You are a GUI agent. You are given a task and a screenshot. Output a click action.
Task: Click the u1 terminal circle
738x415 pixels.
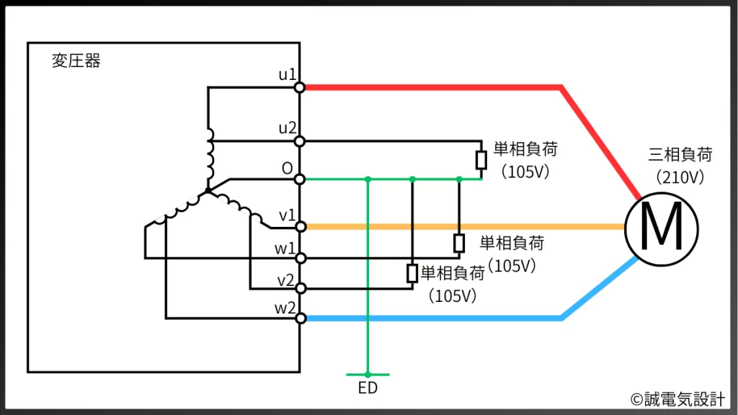point(300,87)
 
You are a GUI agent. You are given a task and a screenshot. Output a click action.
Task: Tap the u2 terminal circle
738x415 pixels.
point(300,140)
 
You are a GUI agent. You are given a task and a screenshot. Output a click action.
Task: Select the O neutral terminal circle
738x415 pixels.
point(300,179)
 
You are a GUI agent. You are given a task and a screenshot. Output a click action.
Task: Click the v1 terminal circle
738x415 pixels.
point(300,226)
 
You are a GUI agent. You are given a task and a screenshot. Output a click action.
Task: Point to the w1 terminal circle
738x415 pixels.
point(300,257)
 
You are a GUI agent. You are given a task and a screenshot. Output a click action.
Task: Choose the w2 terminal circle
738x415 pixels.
point(300,318)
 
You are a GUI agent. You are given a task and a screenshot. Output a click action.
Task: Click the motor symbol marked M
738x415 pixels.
point(662,227)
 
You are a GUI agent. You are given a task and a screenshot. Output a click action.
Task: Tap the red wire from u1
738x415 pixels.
point(432,87)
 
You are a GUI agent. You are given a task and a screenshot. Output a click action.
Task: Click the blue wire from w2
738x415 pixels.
point(432,318)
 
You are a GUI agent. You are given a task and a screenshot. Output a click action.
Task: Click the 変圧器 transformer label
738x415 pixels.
point(76,61)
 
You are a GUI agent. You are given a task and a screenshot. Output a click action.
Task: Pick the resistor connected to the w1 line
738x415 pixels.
point(459,243)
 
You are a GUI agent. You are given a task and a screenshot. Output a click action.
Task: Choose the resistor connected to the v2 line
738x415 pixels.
point(412,273)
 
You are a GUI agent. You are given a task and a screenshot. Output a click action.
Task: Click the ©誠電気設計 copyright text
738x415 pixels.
point(677,398)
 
